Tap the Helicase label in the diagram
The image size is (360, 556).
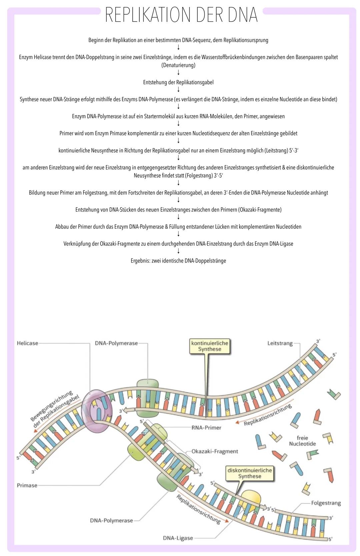(x=27, y=343)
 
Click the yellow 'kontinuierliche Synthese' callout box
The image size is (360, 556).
(x=210, y=346)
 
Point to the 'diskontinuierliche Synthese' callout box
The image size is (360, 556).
(x=249, y=473)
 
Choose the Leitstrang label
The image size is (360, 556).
(x=280, y=343)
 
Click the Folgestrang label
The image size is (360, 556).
(x=326, y=503)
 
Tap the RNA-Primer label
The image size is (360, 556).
(x=206, y=427)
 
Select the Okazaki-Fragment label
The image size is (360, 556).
(x=215, y=451)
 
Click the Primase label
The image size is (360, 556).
(x=27, y=485)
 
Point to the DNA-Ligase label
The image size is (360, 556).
(x=178, y=538)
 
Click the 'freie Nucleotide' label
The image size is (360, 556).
(x=302, y=441)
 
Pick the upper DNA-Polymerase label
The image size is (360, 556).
(x=116, y=343)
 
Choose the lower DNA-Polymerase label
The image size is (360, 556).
(x=111, y=520)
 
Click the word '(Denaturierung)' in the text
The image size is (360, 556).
(x=178, y=65)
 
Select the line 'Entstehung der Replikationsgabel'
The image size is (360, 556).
(x=178, y=82)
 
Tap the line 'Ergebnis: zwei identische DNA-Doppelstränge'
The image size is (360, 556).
(x=178, y=261)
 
